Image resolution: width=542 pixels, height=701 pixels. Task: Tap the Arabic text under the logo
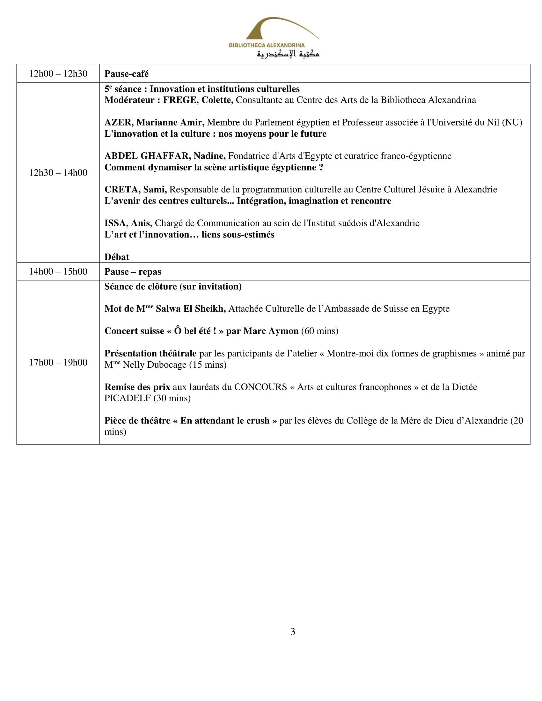click(288, 54)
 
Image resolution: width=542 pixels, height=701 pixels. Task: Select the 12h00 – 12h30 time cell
click(58, 74)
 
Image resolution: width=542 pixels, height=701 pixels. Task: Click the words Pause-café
click(127, 74)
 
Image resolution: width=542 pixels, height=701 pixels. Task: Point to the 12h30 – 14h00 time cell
click(58, 173)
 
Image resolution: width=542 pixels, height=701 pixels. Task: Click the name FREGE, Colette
click(198, 100)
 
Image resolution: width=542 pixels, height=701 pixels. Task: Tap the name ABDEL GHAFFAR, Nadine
click(165, 156)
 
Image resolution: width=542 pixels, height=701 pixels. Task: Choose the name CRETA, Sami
click(135, 189)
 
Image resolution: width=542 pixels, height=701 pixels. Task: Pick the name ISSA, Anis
click(128, 223)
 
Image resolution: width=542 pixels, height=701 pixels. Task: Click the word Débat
click(117, 257)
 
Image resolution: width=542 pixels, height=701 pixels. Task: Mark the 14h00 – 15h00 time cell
click(58, 271)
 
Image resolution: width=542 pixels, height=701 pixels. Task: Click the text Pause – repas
click(133, 272)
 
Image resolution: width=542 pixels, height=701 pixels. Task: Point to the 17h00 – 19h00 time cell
click(58, 362)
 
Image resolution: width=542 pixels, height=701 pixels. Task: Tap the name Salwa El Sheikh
click(190, 309)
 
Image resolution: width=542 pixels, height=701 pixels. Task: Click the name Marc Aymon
click(271, 331)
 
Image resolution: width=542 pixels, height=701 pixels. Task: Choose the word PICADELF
click(128, 398)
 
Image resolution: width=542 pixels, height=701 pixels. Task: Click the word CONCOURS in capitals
click(260, 387)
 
